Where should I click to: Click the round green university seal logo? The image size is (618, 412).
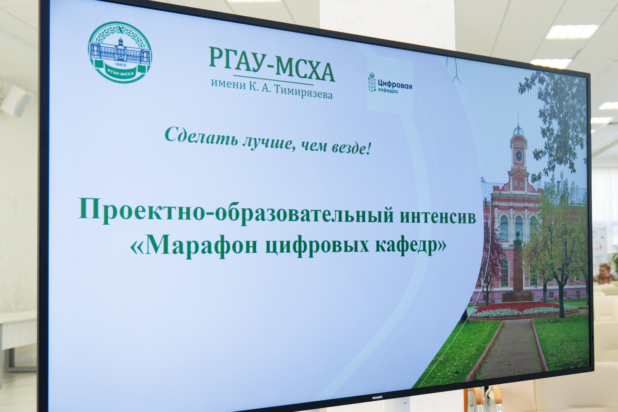coord(120,52)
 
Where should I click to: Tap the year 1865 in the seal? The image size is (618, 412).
coord(120,64)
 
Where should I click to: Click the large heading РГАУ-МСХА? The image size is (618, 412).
coord(272,64)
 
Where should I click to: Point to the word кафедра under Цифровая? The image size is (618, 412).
coord(388,90)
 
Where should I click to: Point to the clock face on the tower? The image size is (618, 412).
coord(518,156)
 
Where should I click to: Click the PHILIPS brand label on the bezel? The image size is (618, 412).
coord(377,398)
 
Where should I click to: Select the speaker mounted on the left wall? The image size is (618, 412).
coord(16,100)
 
